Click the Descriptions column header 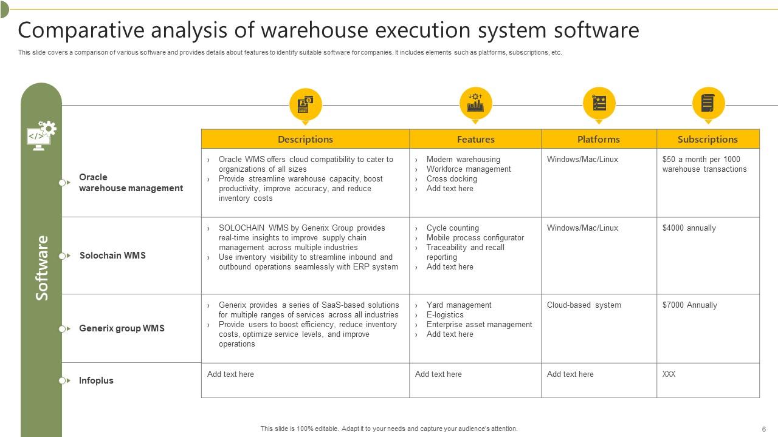click(305, 139)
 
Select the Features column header click(475, 139)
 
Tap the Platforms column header click(599, 139)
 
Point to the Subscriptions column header click(707, 139)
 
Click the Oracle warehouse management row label click(131, 183)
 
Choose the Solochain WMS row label click(112, 256)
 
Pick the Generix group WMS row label click(122, 328)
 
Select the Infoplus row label click(96, 381)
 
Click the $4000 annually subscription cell click(689, 228)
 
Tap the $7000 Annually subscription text click(689, 305)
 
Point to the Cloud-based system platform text click(583, 305)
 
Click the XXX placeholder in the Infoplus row click(669, 374)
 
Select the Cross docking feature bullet click(452, 179)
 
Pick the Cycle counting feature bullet click(452, 228)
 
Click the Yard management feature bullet click(459, 305)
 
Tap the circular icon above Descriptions click(305, 104)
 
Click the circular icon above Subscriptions click(708, 103)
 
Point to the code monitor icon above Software click(41, 135)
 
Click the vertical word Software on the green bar click(41, 268)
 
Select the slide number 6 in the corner click(763, 429)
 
